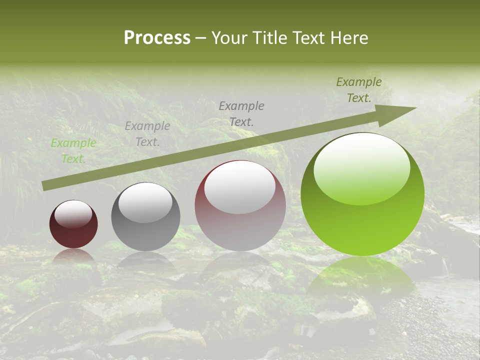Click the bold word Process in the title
(x=157, y=38)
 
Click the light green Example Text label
(x=73, y=150)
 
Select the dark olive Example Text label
(x=358, y=90)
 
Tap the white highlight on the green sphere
(x=362, y=168)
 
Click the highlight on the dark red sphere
(x=73, y=214)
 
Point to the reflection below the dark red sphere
(x=73, y=257)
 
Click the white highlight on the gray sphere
(x=145, y=202)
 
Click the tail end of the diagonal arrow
(x=46, y=185)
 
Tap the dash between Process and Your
(x=201, y=38)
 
